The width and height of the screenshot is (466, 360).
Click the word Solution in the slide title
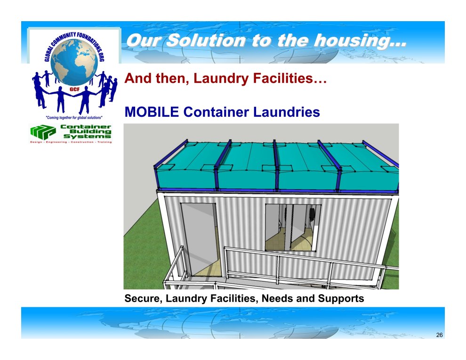(207, 40)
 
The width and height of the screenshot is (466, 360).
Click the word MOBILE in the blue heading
(152, 112)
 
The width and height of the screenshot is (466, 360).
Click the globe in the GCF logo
(74, 62)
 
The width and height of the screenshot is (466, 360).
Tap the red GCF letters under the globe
(74, 89)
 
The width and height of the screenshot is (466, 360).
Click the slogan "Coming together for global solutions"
(74, 117)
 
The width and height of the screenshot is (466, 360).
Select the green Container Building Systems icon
(43, 132)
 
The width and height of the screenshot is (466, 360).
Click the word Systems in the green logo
(88, 136)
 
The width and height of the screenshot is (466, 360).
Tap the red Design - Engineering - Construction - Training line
(71, 142)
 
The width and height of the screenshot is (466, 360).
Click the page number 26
(439, 335)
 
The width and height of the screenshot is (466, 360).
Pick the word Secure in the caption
(143, 298)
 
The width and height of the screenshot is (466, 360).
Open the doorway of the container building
(200, 239)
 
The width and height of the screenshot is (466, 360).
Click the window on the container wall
(293, 228)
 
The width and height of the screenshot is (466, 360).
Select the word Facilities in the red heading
(290, 79)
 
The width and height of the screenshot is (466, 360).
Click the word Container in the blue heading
(216, 112)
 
